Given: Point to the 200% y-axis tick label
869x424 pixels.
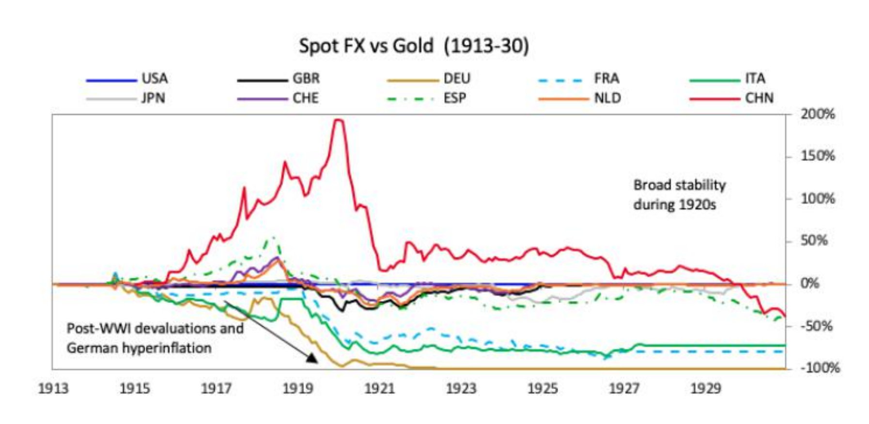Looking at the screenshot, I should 818,115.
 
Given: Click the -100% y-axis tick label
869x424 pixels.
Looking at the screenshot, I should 820,368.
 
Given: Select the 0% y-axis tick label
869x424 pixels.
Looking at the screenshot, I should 809,283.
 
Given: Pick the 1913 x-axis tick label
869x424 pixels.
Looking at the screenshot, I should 53,389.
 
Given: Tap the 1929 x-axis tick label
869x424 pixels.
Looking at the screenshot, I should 705,389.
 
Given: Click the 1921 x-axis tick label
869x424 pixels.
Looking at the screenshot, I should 379,389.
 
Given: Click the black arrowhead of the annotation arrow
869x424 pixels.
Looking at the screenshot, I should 312,358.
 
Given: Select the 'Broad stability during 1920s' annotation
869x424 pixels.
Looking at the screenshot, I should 679,195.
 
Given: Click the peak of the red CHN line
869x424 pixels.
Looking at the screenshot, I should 340,120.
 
